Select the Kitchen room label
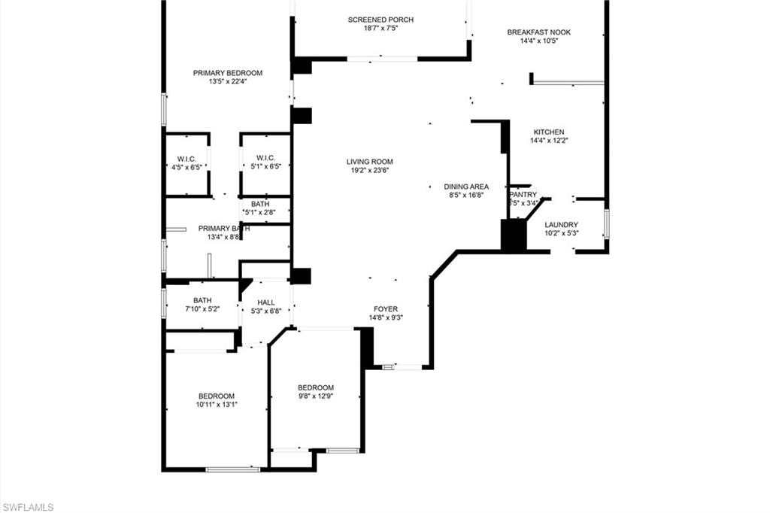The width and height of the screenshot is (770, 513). pyautogui.click(x=548, y=132)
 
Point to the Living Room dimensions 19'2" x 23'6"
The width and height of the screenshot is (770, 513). pyautogui.click(x=369, y=171)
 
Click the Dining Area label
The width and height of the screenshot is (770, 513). pyautogui.click(x=465, y=187)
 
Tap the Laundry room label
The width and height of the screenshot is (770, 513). pyautogui.click(x=561, y=224)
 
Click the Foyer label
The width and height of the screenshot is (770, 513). pyautogui.click(x=386, y=309)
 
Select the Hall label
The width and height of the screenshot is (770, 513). pyautogui.click(x=265, y=302)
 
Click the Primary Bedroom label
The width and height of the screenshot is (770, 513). pyautogui.click(x=228, y=73)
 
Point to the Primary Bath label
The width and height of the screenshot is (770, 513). pyautogui.click(x=219, y=228)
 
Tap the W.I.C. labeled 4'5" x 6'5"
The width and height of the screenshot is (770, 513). pyautogui.click(x=186, y=158)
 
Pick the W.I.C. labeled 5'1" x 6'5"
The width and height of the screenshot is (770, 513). pyautogui.click(x=265, y=158)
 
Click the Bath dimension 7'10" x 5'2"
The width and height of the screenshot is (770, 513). pyautogui.click(x=202, y=308)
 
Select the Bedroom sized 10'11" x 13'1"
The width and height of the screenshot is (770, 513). pyautogui.click(x=217, y=396)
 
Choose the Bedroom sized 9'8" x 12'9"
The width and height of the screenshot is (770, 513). pyautogui.click(x=315, y=387)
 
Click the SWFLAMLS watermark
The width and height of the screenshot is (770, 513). pyautogui.click(x=28, y=507)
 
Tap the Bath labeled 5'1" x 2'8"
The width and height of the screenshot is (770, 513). pyautogui.click(x=260, y=204)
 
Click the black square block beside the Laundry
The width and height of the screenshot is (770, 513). pyautogui.click(x=514, y=234)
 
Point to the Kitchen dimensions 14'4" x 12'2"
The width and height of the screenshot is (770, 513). pyautogui.click(x=548, y=140)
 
